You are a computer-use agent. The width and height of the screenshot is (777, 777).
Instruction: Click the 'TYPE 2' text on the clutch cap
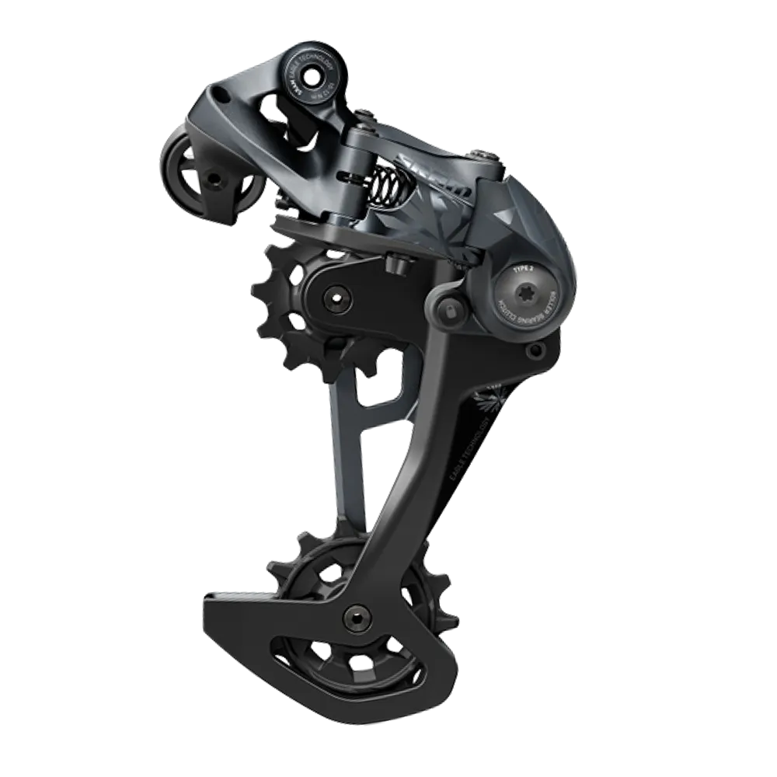coord(523,268)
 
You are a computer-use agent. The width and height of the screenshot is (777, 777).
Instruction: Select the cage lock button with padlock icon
coord(448,309)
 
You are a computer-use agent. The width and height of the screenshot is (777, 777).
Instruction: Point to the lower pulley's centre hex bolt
coord(356,618)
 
